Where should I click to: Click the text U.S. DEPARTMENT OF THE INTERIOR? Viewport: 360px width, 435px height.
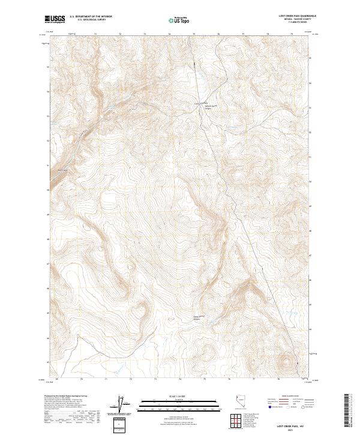(x=91, y=17)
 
